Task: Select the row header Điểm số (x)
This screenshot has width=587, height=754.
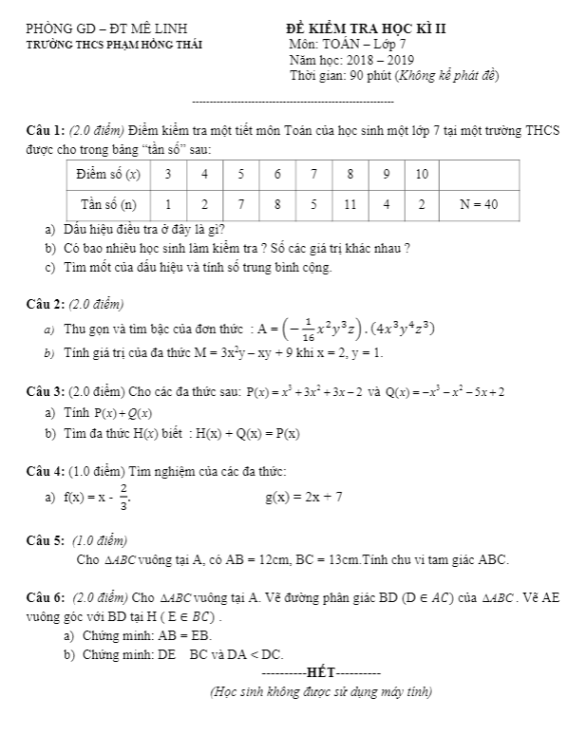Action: coord(108,175)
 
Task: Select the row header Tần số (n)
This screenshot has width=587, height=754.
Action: coord(108,203)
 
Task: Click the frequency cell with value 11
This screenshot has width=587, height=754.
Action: coord(350,203)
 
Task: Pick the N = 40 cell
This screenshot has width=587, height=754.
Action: coord(480,203)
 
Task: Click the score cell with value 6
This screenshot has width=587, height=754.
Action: coord(277,175)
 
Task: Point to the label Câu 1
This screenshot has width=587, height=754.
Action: coord(46,130)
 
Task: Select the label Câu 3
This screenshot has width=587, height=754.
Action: coord(46,391)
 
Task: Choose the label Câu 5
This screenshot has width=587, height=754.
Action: coord(46,540)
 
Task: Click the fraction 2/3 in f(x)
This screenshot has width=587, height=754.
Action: coord(123,497)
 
